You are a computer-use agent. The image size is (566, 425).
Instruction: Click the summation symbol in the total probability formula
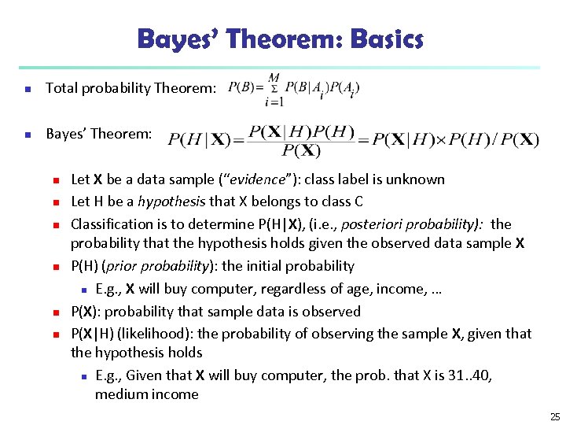274,87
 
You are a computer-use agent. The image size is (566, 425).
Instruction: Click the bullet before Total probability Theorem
28,89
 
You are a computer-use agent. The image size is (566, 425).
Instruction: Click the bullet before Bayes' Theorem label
28,135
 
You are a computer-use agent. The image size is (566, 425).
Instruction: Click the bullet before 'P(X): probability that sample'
56,312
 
